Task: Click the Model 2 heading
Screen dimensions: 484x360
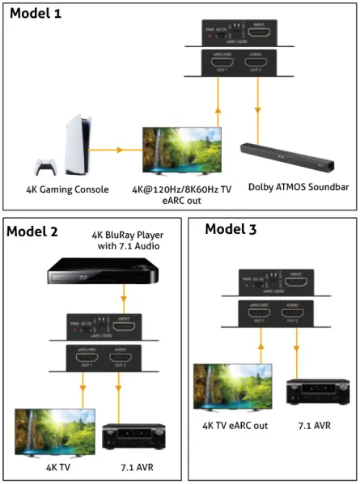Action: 32,231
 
